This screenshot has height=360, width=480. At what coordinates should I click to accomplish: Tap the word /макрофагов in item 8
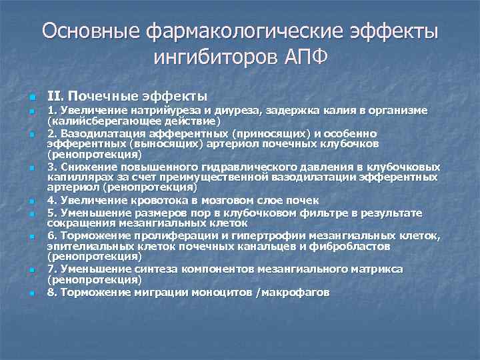click(294, 292)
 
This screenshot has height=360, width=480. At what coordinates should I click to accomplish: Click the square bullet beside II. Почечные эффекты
click(23, 97)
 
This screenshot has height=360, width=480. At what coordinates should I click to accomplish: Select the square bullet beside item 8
click(23, 293)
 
